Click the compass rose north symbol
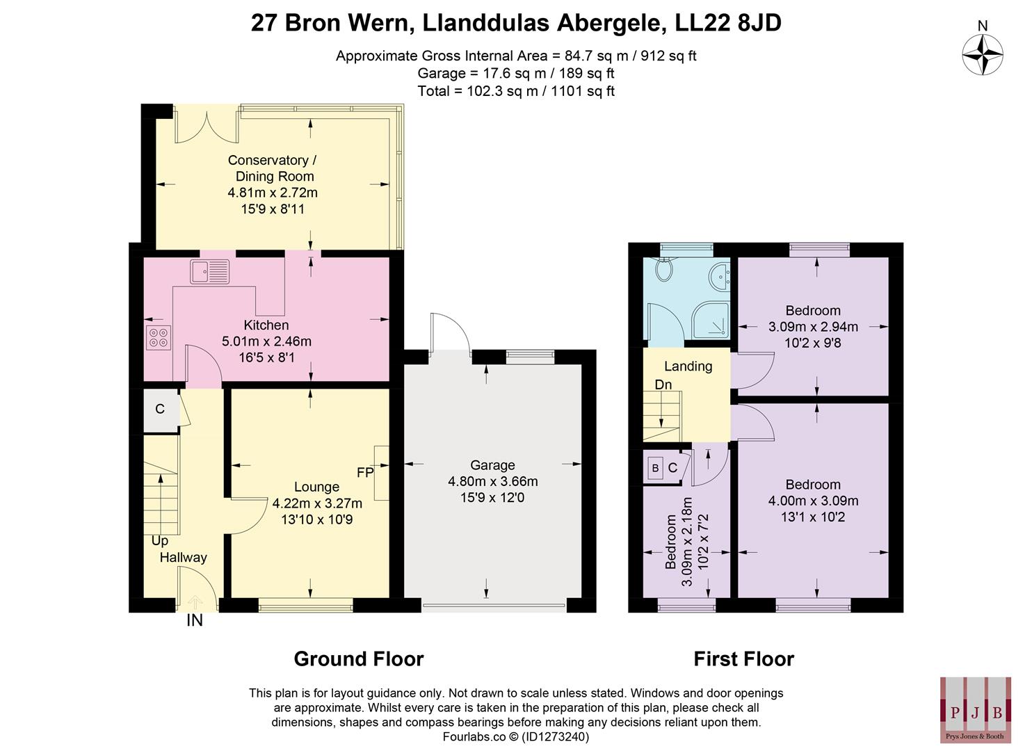[x=983, y=54]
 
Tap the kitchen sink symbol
[x=209, y=271]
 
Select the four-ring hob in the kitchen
[x=158, y=337]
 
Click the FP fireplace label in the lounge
[x=365, y=473]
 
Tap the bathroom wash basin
[x=719, y=277]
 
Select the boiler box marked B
[x=655, y=468]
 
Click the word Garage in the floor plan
[x=492, y=465]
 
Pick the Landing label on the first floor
[x=688, y=366]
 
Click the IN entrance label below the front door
[x=195, y=621]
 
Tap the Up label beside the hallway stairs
[x=160, y=540]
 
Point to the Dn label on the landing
[x=663, y=385]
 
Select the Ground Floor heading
[x=358, y=659]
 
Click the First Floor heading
[x=743, y=659]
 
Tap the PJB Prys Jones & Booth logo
[x=976, y=709]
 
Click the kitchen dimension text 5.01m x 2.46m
[x=266, y=341]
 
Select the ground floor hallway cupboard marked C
[x=160, y=409]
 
